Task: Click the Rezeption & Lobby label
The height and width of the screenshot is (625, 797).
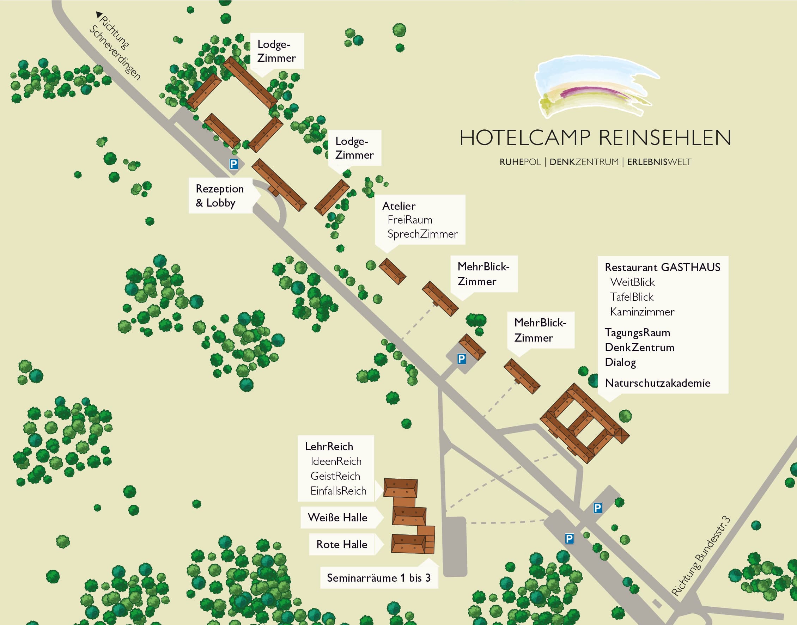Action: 220,196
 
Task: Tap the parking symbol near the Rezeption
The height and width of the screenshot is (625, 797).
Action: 233,164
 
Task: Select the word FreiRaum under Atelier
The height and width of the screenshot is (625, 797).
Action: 410,220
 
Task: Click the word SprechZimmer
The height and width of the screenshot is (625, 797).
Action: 422,234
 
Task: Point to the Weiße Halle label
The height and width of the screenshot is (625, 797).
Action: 337,517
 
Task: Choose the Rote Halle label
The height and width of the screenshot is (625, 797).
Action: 342,545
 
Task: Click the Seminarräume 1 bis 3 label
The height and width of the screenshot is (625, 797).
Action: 378,578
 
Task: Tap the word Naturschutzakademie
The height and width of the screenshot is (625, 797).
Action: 657,383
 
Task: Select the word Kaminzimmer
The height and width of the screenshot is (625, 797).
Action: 642,312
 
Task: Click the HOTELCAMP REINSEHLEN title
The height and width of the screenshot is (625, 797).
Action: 595,138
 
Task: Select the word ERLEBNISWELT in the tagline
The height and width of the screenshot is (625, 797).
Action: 659,162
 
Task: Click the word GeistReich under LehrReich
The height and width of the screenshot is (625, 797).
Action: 335,476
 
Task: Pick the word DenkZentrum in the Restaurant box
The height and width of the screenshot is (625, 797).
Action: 639,348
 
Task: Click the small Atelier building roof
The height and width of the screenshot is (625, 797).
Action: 392,271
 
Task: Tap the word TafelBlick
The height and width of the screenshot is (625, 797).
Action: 632,297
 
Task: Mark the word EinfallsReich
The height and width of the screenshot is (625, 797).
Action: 338,491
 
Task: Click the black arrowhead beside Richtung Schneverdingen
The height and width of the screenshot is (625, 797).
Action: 98,15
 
